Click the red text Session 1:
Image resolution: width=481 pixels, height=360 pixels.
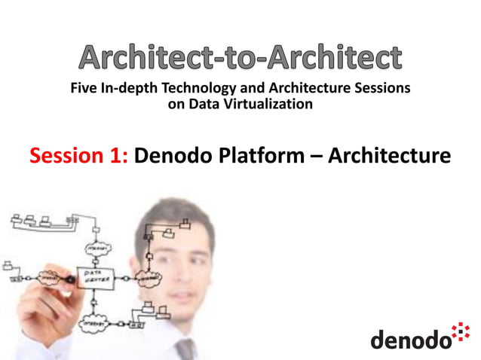79,157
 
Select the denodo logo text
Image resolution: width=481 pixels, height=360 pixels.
409,339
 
